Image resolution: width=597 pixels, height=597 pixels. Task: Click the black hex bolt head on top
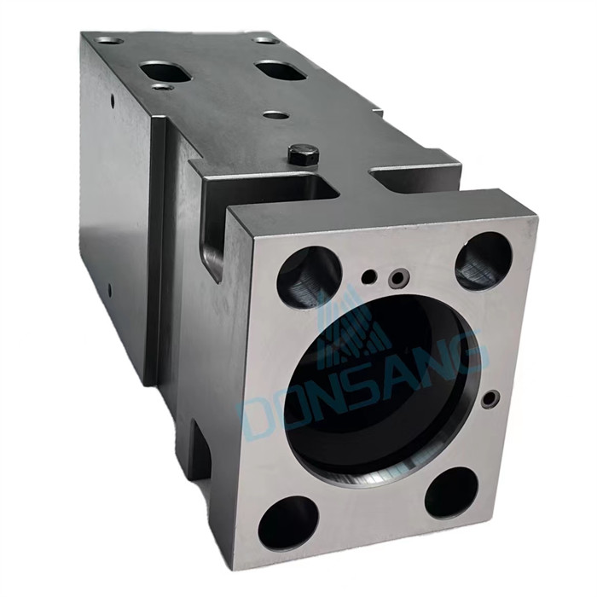coord(304,154)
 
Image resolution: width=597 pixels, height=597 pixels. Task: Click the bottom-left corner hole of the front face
coord(288,523)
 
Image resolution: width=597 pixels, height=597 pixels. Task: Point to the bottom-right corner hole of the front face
coord(451,493)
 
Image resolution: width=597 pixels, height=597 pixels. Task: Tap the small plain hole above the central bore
coord(369,277)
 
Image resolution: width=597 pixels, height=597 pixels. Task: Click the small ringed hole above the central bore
coord(397,278)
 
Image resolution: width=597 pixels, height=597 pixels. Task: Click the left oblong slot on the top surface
coord(166,71)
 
